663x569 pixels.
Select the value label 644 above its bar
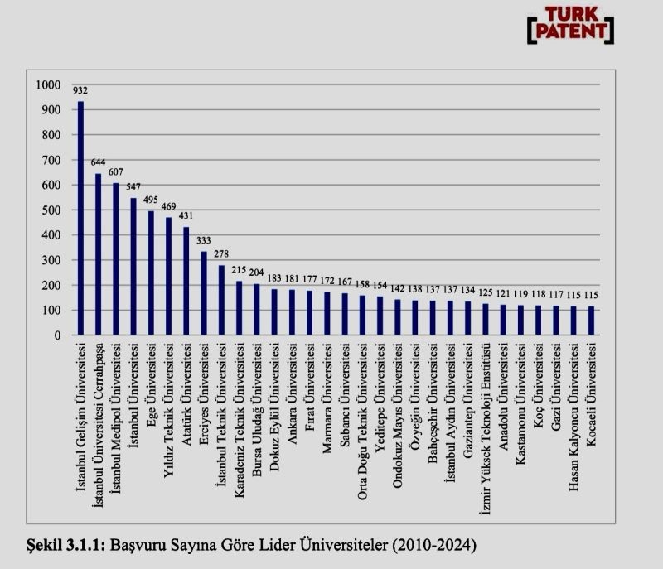[98, 162]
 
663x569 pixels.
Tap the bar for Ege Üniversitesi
[151, 273]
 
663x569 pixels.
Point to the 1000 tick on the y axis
[50, 84]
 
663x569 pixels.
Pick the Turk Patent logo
[570, 25]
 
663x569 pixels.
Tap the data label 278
[220, 253]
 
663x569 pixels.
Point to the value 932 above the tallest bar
[80, 90]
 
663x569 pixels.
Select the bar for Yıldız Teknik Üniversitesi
[168, 277]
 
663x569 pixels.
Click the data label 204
[256, 272]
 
